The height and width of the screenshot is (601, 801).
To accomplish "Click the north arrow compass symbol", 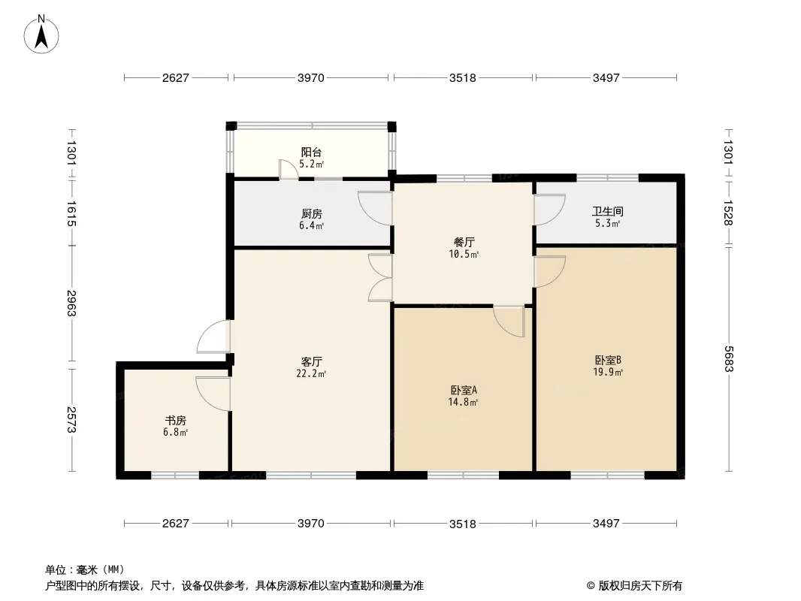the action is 41,34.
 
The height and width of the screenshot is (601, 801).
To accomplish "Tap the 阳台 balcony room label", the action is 311,153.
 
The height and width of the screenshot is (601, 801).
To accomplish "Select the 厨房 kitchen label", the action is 311,214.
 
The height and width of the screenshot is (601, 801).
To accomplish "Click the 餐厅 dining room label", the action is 464,242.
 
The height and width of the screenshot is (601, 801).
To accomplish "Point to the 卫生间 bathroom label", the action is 607,211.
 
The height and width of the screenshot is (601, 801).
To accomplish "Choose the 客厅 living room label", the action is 311,362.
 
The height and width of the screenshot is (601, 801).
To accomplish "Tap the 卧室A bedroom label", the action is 464,390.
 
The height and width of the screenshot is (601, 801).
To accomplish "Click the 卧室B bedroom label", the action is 607,360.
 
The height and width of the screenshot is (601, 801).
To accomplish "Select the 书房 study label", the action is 175,421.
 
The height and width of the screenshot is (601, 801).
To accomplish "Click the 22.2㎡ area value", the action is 311,374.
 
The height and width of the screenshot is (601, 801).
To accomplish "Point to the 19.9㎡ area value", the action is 607,372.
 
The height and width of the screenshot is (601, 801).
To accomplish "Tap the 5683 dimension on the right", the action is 728,359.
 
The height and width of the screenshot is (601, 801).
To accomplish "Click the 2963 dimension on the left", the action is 71,304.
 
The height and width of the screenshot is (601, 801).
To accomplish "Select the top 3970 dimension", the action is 310,77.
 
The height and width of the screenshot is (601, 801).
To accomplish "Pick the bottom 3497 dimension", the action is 606,524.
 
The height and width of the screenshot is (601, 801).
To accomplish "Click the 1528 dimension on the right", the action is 728,213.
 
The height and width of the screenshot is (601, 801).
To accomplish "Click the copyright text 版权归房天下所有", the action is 640,586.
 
